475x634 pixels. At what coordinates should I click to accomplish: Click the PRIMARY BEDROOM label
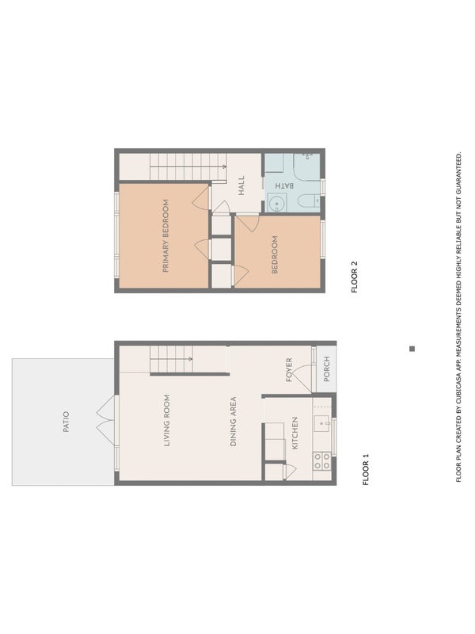(x=165, y=235)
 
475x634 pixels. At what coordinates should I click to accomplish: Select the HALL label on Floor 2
(x=241, y=185)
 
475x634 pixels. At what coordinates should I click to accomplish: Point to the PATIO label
(x=66, y=422)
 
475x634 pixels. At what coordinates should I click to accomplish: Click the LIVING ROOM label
(x=166, y=421)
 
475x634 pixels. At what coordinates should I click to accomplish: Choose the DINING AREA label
(x=233, y=422)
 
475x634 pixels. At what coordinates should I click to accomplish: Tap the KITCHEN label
(x=294, y=433)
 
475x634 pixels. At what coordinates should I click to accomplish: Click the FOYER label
(x=289, y=369)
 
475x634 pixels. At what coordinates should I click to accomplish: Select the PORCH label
(x=327, y=369)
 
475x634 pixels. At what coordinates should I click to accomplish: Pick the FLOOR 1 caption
(x=366, y=469)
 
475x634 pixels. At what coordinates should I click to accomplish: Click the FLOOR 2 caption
(x=354, y=277)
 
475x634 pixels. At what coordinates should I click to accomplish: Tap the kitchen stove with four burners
(x=322, y=461)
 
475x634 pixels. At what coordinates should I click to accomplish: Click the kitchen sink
(x=322, y=423)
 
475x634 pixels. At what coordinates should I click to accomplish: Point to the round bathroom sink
(x=276, y=203)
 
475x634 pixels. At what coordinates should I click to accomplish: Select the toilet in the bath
(x=309, y=201)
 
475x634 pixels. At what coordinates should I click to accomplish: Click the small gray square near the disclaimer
(x=412, y=349)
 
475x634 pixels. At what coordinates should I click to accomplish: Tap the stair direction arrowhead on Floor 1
(x=191, y=359)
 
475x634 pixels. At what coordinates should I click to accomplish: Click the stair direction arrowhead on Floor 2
(x=225, y=166)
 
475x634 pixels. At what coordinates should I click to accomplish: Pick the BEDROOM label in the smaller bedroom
(x=275, y=254)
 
